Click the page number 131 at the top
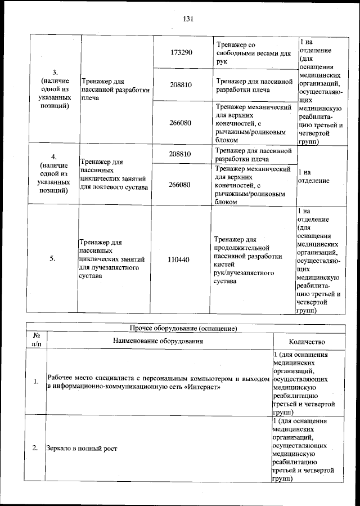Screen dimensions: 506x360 click(188, 19)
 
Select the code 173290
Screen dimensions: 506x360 click(181, 52)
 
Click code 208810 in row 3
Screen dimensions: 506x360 click(181, 85)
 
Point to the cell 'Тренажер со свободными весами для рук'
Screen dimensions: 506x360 click(253, 52)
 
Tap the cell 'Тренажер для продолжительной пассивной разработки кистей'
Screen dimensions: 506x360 click(247, 259)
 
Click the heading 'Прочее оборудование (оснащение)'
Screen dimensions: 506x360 click(186, 328)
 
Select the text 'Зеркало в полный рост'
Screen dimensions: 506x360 click(83, 448)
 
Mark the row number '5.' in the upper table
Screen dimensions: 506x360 click(53, 259)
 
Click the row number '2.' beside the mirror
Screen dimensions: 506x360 click(35, 448)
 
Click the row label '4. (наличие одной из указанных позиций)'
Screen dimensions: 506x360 click(53, 174)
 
